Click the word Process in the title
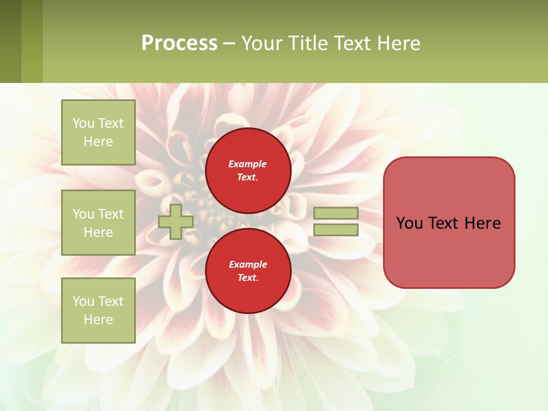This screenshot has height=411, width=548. pos(179,43)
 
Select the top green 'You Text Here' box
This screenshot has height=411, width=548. pos(98,132)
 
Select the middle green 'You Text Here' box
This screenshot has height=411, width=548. pos(98,223)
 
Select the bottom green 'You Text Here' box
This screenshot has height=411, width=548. pos(98,311)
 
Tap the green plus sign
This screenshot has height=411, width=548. pos(176,221)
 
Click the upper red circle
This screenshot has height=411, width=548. pos(248,171)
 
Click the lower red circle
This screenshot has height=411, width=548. pos(248,271)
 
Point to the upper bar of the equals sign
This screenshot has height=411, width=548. pos(336,213)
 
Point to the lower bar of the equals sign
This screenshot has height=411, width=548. pos(336,230)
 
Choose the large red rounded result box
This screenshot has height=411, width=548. pos(449,222)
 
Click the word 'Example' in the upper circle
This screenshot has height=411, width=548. pos(247,164)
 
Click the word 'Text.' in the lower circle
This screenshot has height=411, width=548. pos(248,278)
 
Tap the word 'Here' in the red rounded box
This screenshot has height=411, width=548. pos(482,223)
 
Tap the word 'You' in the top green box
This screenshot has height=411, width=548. pos(83,123)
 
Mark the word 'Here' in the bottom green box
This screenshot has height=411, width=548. pos(98,320)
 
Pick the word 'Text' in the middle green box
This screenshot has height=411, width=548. pos(110,214)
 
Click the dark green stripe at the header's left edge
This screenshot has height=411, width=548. pos(10,41)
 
